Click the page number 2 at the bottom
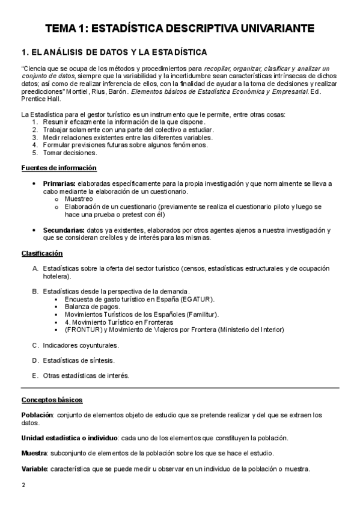pos(23,485)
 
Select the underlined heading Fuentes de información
pos(59,167)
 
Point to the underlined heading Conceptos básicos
pos(52,400)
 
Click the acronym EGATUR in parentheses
pos(197,299)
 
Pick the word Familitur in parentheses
pos(202,314)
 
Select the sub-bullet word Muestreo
pos(78,198)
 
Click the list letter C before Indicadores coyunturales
pos(35,345)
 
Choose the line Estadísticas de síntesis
pos(78,360)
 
